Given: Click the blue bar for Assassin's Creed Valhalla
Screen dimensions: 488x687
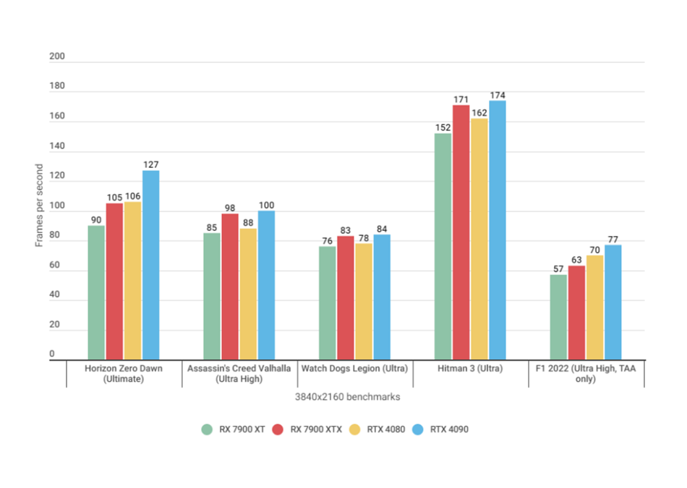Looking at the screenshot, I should click(266, 285).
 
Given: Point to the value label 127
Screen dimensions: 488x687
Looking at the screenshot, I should click(150, 164).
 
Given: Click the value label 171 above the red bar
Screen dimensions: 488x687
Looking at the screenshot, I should click(461, 99).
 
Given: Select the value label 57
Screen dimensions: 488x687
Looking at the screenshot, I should click(558, 269).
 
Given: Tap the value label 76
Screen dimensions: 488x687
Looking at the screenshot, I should click(327, 240).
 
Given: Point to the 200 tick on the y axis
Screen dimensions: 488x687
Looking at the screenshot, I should click(57, 56).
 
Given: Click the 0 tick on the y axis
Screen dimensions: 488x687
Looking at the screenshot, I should click(52, 354).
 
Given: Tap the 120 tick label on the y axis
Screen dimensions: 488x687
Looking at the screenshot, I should click(57, 176).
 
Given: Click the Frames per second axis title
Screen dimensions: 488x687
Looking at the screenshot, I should click(39, 206).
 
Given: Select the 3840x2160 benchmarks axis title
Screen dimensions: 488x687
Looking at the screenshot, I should click(347, 397).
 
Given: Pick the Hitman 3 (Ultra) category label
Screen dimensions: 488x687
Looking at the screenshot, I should click(470, 369).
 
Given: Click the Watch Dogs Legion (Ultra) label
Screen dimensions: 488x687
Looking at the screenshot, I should click(354, 369).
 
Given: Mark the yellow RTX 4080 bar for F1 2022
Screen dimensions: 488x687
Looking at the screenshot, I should click(594, 307).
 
